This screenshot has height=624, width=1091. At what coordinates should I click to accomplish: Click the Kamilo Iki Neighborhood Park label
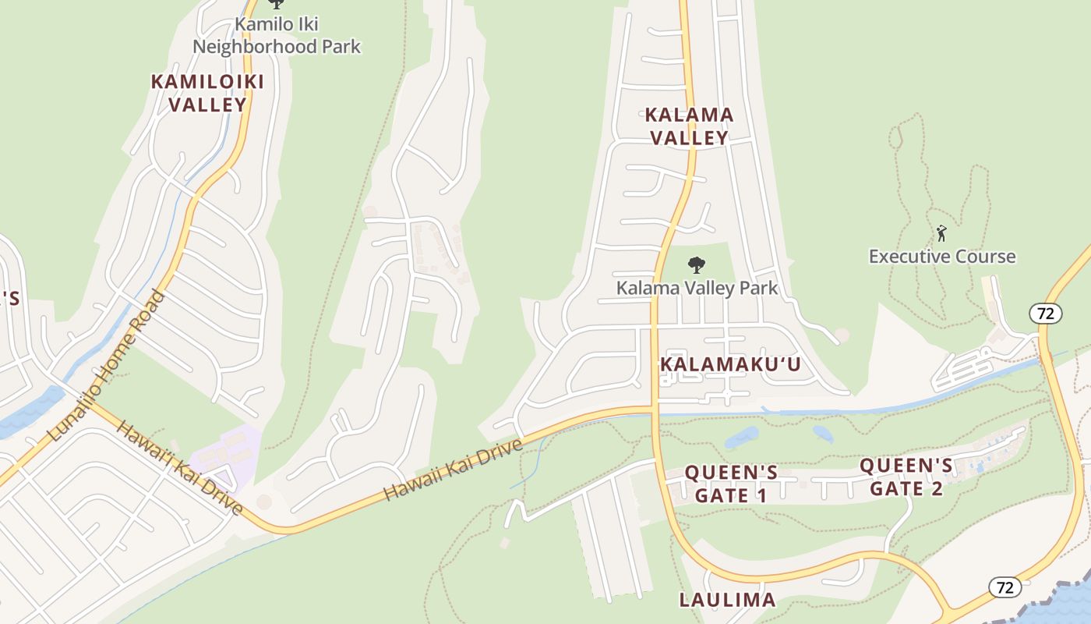277,35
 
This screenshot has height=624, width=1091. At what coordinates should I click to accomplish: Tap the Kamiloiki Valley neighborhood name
207,92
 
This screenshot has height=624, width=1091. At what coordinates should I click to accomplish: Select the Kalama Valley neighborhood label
690,126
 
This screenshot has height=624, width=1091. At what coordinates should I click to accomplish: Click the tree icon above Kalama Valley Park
696,265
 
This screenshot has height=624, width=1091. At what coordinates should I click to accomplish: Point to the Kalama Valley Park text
697,288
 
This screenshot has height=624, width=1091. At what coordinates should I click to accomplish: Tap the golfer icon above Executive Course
941,232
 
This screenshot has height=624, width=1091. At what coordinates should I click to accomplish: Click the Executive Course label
942,256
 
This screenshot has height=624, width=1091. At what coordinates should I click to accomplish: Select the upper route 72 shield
1045,314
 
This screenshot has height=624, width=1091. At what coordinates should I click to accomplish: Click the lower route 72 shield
1005,587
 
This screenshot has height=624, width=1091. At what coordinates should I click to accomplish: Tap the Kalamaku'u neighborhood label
730,364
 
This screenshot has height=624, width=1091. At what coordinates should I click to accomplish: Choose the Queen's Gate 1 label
731,484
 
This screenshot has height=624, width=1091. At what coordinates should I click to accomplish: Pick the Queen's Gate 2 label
906,477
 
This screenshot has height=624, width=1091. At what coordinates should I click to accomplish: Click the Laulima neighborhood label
727,599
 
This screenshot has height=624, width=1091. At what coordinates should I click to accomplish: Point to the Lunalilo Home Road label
107,367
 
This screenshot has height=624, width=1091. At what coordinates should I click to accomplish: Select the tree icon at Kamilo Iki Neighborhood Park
276,5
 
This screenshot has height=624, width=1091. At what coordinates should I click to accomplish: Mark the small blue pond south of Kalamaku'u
741,438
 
